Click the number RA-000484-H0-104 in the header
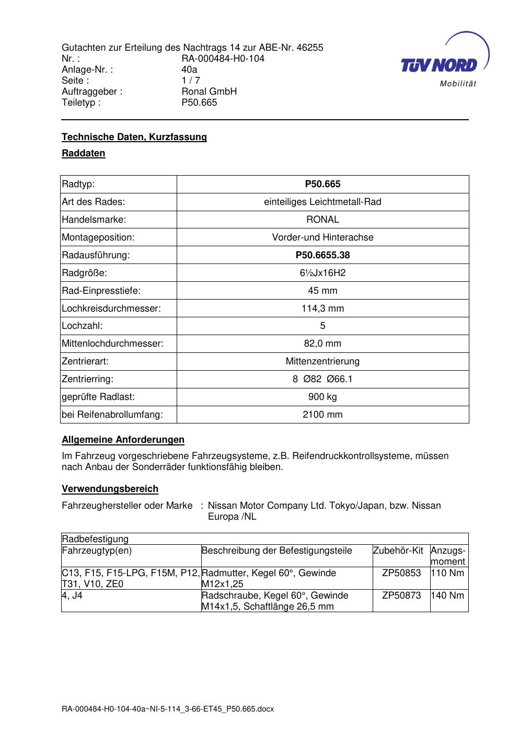223,59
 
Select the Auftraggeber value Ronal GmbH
209,91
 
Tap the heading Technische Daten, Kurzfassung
134,137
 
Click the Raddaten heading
84,154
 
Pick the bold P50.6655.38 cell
322,255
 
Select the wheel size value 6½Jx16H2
322,273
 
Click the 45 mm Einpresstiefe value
322,291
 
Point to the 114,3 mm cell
322,308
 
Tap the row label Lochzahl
82,326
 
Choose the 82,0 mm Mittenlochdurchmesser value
322,343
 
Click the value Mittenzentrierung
322,361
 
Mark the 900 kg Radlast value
322,397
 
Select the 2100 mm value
322,415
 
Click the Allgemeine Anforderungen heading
123,440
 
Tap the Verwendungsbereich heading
110,489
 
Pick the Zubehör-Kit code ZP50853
401,573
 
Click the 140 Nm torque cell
448,595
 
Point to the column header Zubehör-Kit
398,550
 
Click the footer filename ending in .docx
168,709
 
